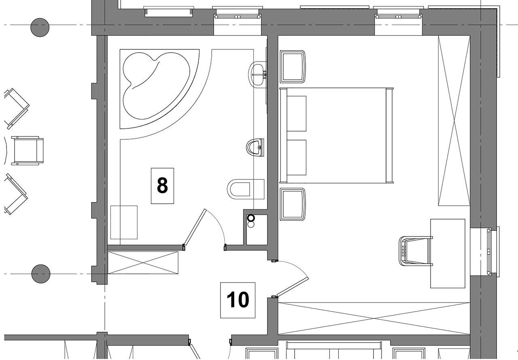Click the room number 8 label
coord(162,186)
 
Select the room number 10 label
coord(238,300)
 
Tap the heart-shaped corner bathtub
coord(156,86)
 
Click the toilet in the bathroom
coord(246,189)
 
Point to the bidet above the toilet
coord(255,147)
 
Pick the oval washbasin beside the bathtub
coord(257,75)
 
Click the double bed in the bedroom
coord(336,135)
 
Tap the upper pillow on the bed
coord(297,114)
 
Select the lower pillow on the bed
coord(297,158)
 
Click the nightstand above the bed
coord(293,67)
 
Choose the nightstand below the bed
coord(293,204)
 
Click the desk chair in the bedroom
coord(416,251)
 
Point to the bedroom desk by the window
coord(448,253)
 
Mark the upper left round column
coord(40,28)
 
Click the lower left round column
coord(41,274)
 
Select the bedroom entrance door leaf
coord(293,287)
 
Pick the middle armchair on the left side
coord(27,151)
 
